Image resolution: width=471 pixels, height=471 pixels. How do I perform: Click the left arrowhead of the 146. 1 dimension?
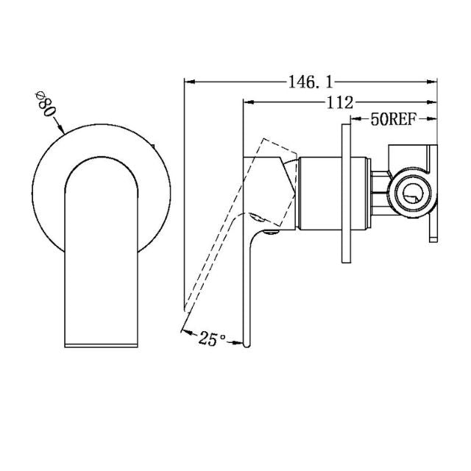coord(186,82)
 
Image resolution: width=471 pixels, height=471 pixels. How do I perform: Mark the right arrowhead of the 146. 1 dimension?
coord(435,82)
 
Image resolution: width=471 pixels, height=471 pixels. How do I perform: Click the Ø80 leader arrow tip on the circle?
coord(65,133)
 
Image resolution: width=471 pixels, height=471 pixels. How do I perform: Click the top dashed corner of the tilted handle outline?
coord(263,138)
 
